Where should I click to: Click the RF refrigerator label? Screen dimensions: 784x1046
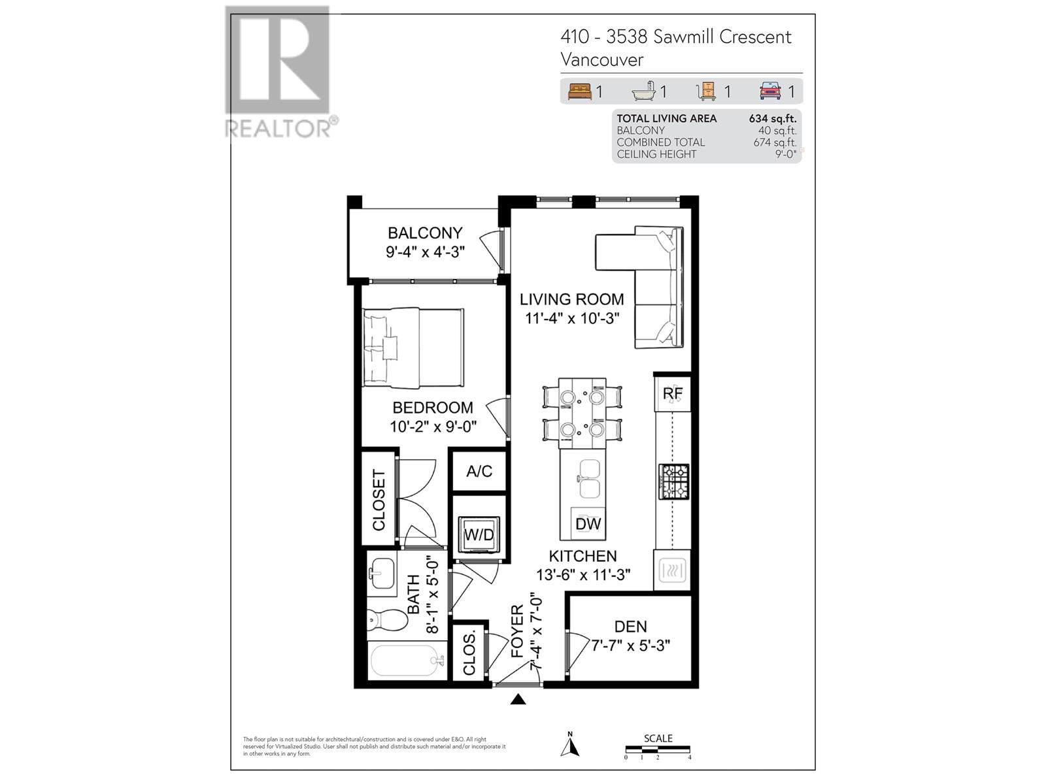point(673,393)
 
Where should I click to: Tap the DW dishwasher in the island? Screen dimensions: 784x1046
point(588,523)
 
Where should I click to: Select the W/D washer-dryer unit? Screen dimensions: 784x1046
point(479,534)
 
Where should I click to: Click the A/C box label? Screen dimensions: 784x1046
point(479,471)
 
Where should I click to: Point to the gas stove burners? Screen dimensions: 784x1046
point(673,482)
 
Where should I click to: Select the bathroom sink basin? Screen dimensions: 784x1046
point(380,573)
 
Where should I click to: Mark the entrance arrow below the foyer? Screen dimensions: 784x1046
point(518,700)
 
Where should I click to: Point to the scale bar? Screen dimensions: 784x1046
point(658,749)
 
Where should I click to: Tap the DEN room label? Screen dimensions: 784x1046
point(630,627)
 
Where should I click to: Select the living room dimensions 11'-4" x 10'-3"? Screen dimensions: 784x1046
point(572,318)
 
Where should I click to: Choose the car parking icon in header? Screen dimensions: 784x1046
point(770,91)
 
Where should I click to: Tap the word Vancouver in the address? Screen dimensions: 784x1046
point(602,59)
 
